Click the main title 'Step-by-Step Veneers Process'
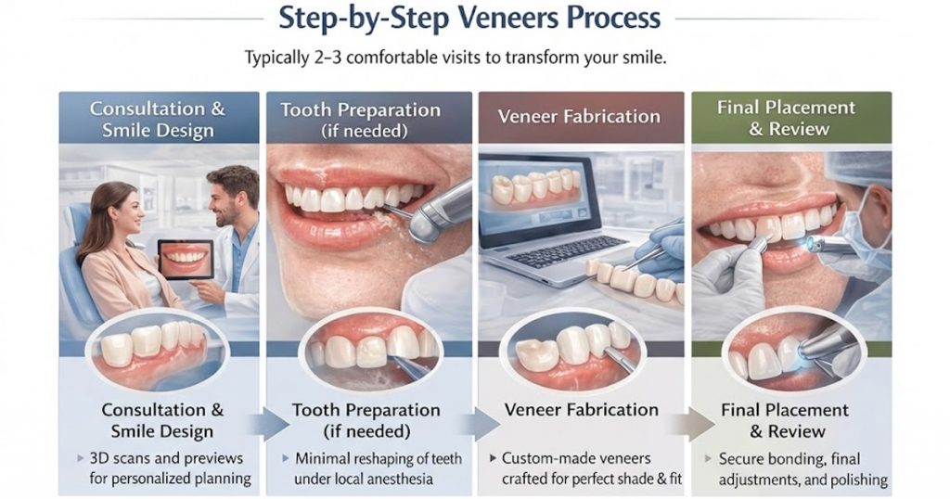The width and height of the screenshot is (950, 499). pos(474,18)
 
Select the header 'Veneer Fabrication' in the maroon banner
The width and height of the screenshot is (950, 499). pos(579,117)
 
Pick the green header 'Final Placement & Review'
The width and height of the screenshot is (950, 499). pos(790,117)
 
